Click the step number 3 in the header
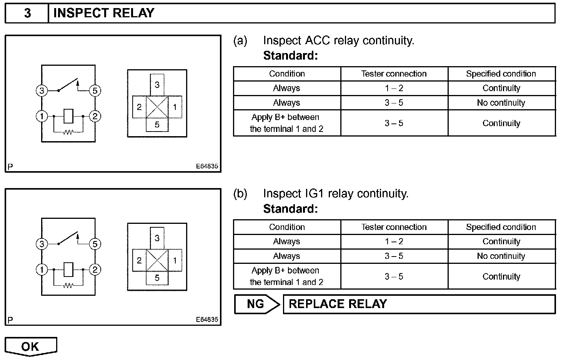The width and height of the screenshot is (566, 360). (27, 13)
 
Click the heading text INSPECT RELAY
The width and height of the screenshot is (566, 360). (103, 13)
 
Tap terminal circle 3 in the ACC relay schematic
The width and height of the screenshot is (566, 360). (42, 91)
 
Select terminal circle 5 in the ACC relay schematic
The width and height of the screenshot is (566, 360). (95, 91)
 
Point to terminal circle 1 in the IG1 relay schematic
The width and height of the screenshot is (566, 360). (42, 270)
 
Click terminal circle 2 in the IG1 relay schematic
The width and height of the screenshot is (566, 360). (95, 270)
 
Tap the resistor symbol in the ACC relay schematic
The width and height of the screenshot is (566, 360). (68, 132)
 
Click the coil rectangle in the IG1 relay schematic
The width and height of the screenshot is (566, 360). (68, 269)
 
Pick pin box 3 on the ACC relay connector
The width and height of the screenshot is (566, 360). (157, 84)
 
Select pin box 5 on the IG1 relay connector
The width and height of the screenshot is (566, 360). (157, 278)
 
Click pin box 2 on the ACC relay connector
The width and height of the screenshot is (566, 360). (139, 107)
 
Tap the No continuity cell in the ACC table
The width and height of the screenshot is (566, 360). (501, 103)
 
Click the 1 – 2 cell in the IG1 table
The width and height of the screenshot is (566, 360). (394, 242)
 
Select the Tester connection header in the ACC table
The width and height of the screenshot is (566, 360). (394, 74)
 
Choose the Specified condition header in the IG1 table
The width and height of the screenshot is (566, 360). (501, 227)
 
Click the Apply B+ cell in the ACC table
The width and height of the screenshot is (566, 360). (286, 123)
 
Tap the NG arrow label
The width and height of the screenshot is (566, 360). (256, 304)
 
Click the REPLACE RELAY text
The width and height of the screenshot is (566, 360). (338, 304)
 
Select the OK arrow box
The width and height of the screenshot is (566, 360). (30, 346)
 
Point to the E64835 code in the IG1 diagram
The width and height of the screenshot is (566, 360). (207, 319)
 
